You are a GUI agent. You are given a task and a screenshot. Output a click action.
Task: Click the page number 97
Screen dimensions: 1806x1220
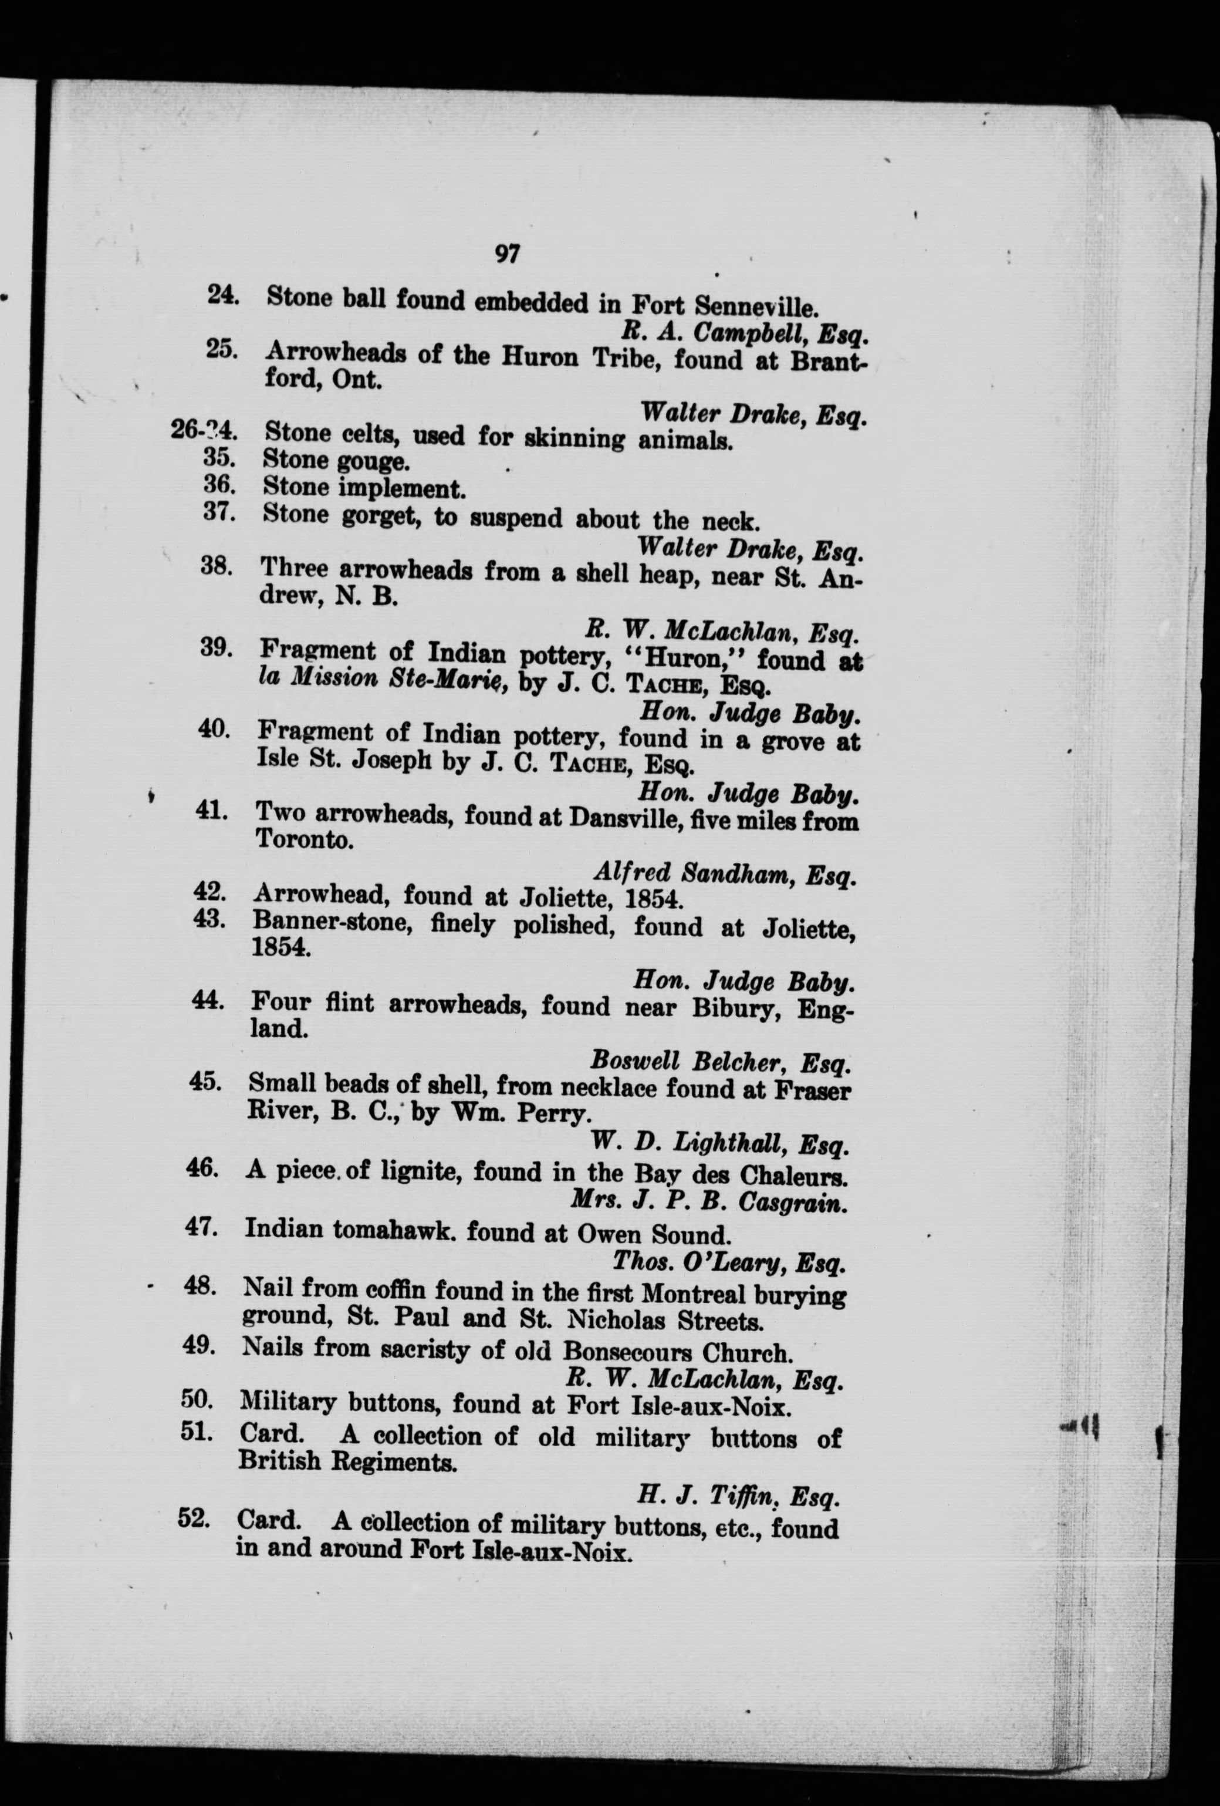click(506, 254)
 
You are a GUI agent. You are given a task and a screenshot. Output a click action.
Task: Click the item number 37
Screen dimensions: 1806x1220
click(219, 513)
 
